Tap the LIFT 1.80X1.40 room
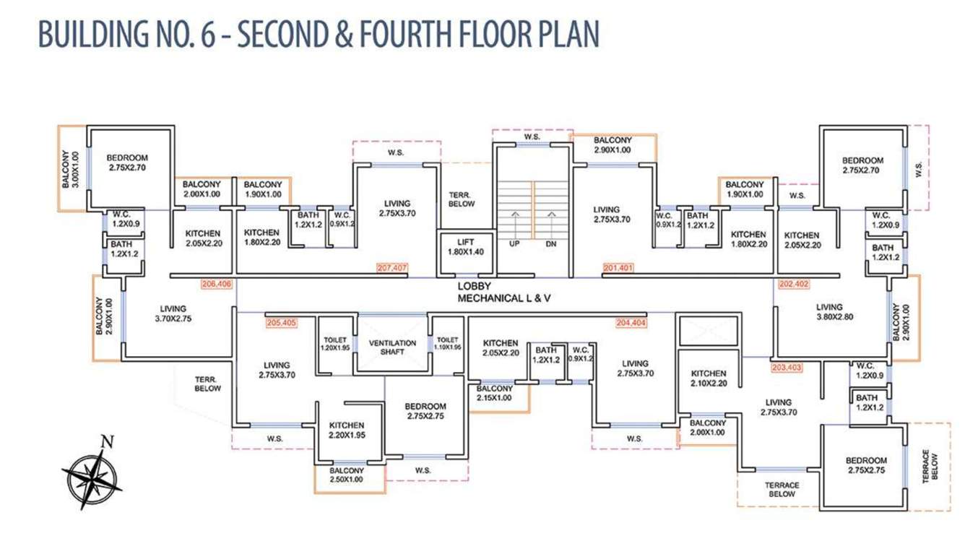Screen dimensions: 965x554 [x=466, y=253]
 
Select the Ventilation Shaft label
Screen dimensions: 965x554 [x=392, y=347]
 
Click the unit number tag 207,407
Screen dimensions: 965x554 [x=392, y=268]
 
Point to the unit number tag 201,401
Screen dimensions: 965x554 [x=618, y=268]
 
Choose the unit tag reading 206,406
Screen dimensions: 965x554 [x=217, y=285]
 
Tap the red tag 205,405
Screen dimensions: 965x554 [x=282, y=323]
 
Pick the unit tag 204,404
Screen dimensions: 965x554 [x=631, y=323]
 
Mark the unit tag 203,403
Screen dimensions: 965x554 [x=787, y=368]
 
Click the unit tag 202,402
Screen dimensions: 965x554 [x=794, y=285]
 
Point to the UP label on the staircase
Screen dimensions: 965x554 [x=514, y=244]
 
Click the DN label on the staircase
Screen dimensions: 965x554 [x=551, y=244]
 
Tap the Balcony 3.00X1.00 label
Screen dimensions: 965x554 [x=70, y=169]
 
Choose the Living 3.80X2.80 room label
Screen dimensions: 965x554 [x=834, y=312]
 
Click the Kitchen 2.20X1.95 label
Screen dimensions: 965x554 [x=347, y=430]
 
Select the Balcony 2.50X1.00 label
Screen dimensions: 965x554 [x=347, y=475]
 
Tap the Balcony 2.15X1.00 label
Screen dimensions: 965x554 [x=494, y=393]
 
